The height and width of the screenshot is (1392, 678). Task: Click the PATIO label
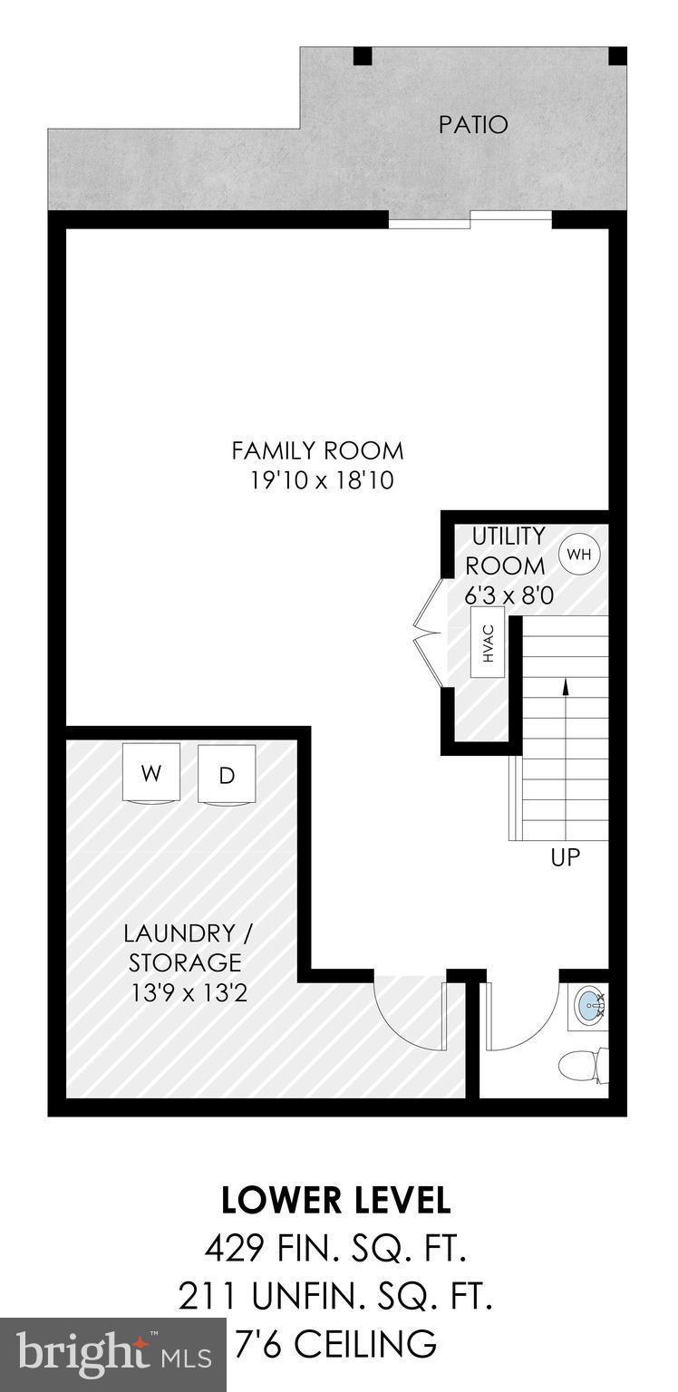(x=473, y=125)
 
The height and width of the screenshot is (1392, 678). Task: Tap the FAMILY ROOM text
(x=317, y=450)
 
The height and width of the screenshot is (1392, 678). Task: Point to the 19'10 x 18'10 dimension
(x=322, y=481)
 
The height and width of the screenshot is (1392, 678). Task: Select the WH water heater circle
(x=579, y=554)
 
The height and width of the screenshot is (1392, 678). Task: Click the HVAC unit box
(x=489, y=642)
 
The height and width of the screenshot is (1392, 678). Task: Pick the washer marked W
(x=151, y=773)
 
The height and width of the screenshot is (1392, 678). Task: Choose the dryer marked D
(x=227, y=774)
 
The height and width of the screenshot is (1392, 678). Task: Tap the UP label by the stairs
(x=565, y=857)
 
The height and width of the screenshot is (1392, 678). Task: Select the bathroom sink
(x=590, y=1003)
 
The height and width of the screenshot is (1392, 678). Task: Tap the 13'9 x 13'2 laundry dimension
(x=188, y=993)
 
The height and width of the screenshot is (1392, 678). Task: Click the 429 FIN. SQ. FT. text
(x=336, y=1250)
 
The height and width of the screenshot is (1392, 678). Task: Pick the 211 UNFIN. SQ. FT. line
(x=336, y=1298)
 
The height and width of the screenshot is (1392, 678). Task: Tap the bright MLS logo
(x=113, y=1355)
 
